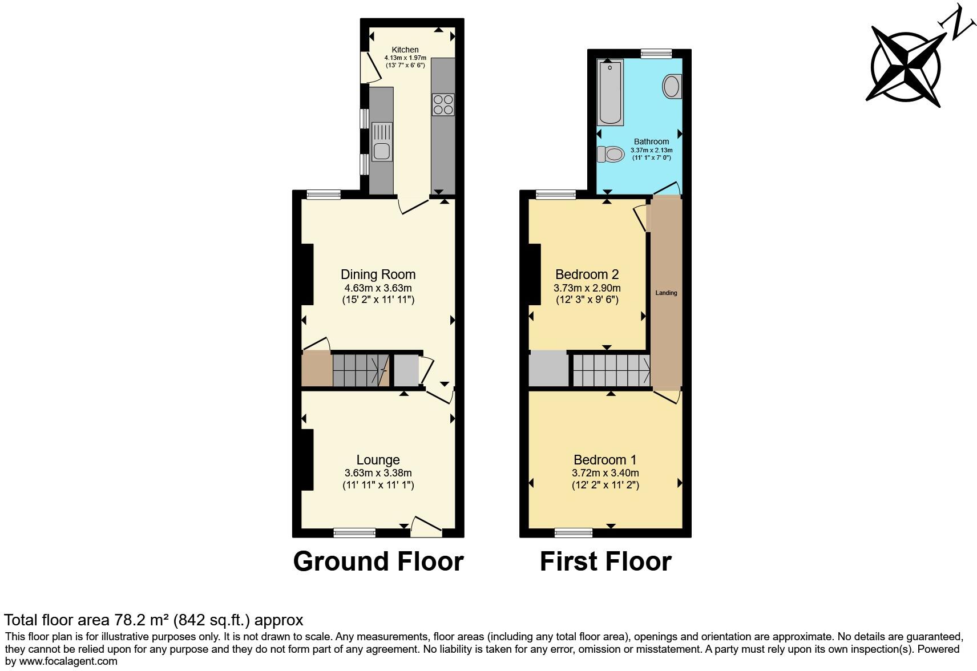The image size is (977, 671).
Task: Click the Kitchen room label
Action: (x=405, y=50)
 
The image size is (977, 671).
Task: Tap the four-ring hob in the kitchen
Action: (x=443, y=104)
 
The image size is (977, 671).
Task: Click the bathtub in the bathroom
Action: (x=610, y=92)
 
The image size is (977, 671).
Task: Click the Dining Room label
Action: (x=378, y=274)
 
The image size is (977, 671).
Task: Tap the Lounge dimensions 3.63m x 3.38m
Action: (x=378, y=473)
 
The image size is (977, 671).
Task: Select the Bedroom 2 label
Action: (x=587, y=274)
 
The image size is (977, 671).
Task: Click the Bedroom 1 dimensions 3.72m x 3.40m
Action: (x=605, y=473)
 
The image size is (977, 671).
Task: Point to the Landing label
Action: (x=666, y=293)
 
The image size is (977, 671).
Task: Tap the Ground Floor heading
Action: (x=378, y=561)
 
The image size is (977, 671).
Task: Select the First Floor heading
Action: (x=605, y=561)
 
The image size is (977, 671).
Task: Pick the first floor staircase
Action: (x=611, y=370)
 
